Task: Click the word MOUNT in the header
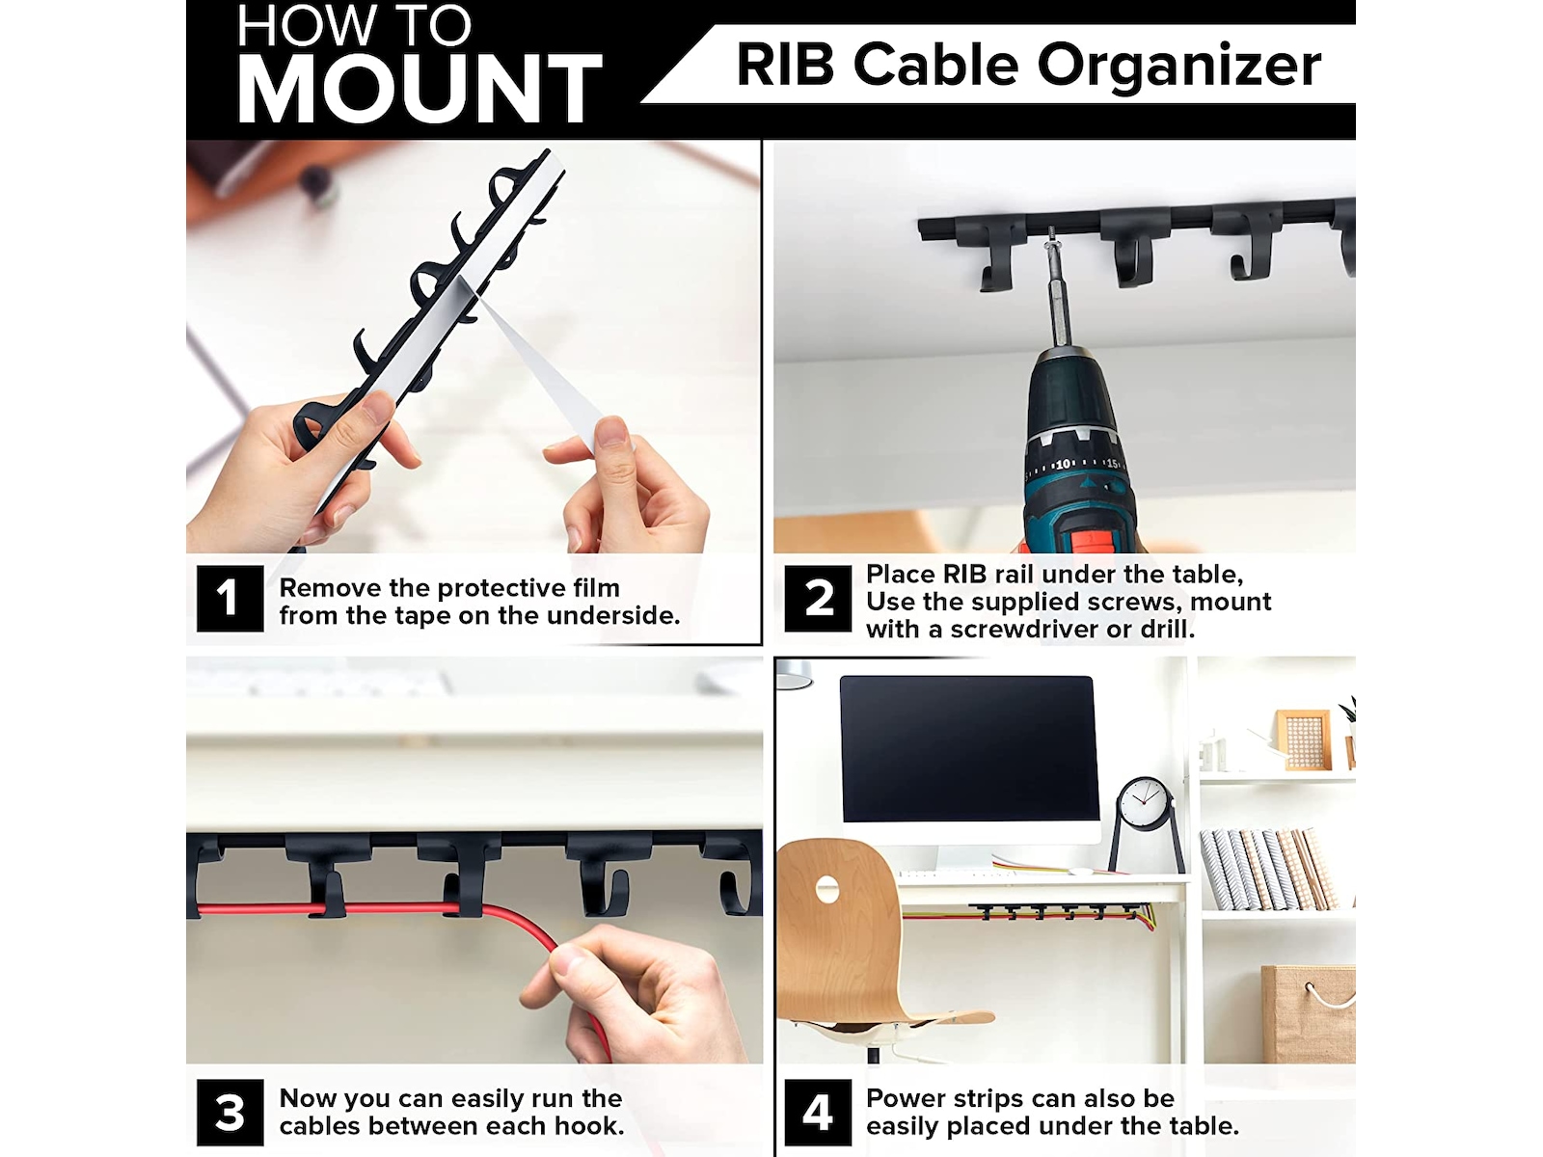point(420,89)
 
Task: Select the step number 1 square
point(230,599)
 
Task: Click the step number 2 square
point(818,599)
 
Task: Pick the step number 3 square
point(230,1113)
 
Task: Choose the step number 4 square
point(818,1113)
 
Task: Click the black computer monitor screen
point(968,748)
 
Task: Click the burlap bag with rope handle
point(1308,1012)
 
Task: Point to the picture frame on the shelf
point(1303,740)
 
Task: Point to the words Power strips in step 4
point(947,1099)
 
